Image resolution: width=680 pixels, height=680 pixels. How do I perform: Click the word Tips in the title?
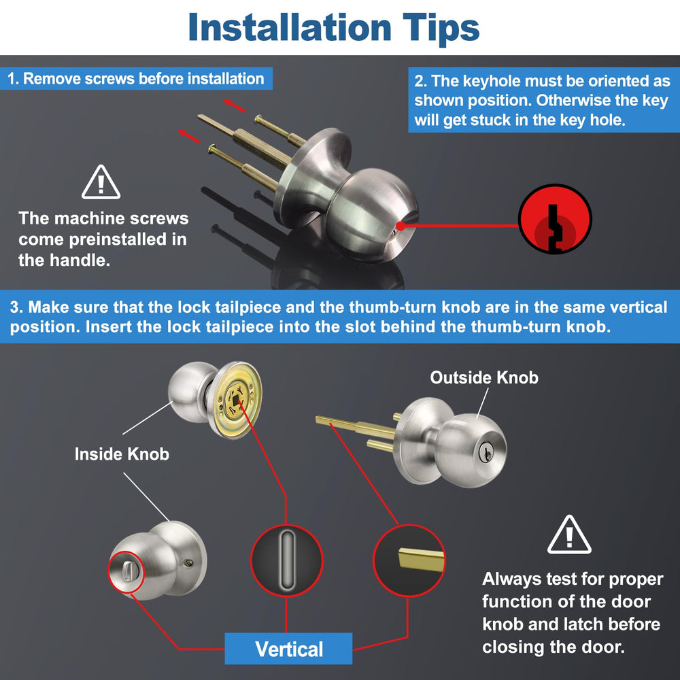(441, 29)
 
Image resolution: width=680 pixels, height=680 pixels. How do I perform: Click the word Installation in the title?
(290, 27)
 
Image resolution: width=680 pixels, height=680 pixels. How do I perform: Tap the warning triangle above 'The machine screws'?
(101, 182)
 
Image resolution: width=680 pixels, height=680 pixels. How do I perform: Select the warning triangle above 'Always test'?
(569, 534)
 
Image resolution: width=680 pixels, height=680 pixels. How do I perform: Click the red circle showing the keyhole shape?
(555, 219)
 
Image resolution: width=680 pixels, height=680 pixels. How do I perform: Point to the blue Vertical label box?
(288, 649)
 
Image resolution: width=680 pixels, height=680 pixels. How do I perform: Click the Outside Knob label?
(484, 377)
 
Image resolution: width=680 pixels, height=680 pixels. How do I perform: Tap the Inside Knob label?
(122, 454)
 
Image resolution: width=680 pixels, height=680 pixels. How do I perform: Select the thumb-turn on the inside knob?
(126, 572)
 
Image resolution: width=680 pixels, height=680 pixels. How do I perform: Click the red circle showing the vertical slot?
(287, 560)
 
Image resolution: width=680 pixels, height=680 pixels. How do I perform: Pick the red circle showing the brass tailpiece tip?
(409, 560)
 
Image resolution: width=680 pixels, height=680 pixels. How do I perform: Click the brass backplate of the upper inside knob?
(235, 400)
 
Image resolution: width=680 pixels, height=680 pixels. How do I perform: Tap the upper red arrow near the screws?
(234, 105)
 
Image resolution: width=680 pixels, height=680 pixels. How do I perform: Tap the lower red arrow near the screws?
(189, 136)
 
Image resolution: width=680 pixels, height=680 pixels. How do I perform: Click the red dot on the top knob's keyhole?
(401, 226)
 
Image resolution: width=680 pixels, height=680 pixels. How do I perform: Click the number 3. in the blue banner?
(16, 307)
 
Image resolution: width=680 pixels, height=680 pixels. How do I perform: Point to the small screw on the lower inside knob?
(188, 563)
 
